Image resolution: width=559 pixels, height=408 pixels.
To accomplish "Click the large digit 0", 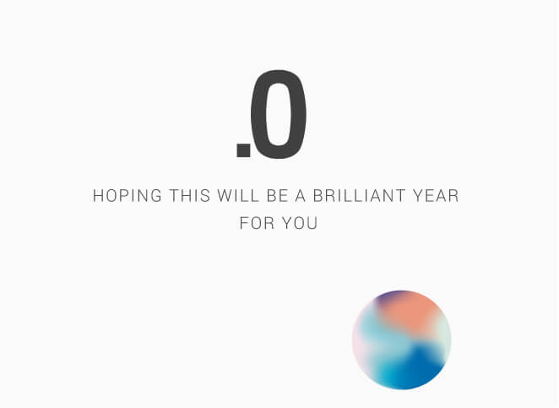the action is pyautogui.click(x=279, y=115).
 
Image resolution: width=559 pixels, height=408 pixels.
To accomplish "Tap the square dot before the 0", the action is pyautogui.click(x=243, y=150).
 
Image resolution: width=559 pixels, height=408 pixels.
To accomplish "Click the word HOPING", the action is pyautogui.click(x=128, y=196).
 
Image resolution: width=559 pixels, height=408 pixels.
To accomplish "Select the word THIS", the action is pyautogui.click(x=189, y=196).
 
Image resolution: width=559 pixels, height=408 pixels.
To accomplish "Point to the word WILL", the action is pyautogui.click(x=238, y=196).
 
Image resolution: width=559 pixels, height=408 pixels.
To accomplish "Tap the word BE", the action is pyautogui.click(x=277, y=196).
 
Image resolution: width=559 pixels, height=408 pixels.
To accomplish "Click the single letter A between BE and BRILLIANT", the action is pyautogui.click(x=300, y=196).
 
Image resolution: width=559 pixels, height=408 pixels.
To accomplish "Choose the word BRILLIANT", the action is pyautogui.click(x=360, y=196).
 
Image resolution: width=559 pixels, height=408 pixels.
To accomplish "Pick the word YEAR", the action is pyautogui.click(x=436, y=196).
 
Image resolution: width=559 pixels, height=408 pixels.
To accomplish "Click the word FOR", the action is pyautogui.click(x=257, y=223).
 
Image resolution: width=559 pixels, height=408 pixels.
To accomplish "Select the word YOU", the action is pyautogui.click(x=300, y=223).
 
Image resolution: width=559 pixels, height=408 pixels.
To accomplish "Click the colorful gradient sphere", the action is pyautogui.click(x=402, y=340).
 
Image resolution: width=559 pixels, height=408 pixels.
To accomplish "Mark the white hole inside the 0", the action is pyautogui.click(x=279, y=115).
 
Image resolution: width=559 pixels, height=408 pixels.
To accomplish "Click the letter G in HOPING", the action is pyautogui.click(x=156, y=196).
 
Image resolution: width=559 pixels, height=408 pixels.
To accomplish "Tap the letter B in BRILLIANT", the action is pyautogui.click(x=318, y=196).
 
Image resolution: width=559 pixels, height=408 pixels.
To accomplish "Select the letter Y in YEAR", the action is pyautogui.click(x=418, y=196).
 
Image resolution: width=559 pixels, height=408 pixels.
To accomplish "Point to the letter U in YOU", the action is pyautogui.click(x=312, y=223).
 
